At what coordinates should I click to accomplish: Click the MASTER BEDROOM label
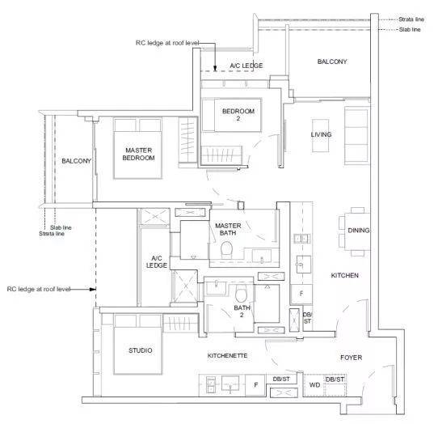point(138,154)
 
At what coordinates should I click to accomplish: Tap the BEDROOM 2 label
point(238,115)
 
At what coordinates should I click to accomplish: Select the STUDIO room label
point(141,350)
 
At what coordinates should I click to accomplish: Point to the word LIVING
point(322,134)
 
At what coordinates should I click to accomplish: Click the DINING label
point(358,231)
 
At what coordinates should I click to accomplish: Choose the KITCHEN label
point(345,275)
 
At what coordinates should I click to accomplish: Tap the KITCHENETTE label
point(227,356)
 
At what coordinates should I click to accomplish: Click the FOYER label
point(351,358)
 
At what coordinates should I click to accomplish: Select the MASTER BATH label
point(228,229)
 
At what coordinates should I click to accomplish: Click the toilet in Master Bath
point(226,250)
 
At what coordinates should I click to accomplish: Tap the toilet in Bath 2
point(242,294)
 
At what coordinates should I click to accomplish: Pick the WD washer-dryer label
point(314,385)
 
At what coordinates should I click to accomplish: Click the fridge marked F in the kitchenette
point(255,385)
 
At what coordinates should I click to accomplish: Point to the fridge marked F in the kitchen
point(301,294)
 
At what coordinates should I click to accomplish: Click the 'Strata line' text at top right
point(411,19)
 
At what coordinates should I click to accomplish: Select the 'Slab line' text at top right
point(410,29)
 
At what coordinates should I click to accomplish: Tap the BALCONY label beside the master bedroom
point(76,161)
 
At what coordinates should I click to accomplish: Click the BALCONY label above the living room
point(332,61)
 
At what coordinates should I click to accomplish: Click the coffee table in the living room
point(320,136)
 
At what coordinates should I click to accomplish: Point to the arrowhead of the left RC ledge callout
point(93,289)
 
